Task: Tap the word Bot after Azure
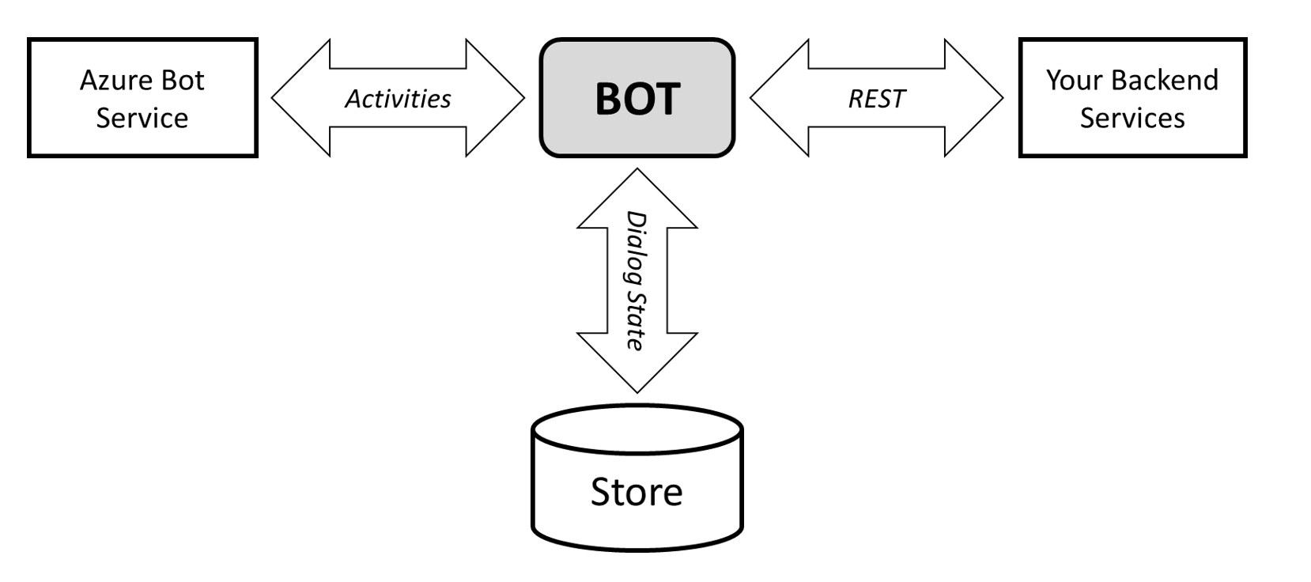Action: (182, 81)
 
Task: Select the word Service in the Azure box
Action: (142, 119)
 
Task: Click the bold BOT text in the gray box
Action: (637, 99)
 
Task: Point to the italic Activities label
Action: (398, 99)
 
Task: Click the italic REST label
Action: (876, 99)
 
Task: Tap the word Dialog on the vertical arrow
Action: (636, 248)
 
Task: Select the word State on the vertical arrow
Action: (636, 320)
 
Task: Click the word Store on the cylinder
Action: (637, 492)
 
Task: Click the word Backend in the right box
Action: (1164, 81)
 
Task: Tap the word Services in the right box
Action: (1132, 119)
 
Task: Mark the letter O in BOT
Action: (637, 99)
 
